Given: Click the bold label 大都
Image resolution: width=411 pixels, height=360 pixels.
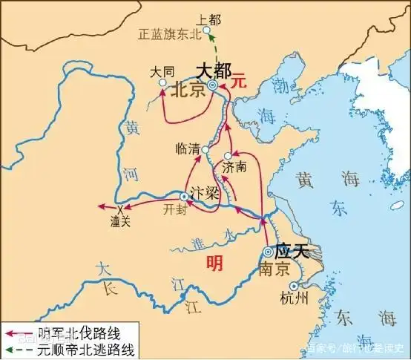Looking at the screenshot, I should click(x=213, y=71).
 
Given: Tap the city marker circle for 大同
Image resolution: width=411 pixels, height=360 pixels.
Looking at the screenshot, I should click(x=163, y=83).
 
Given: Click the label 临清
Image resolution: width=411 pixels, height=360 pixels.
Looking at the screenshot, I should click(x=188, y=148).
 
